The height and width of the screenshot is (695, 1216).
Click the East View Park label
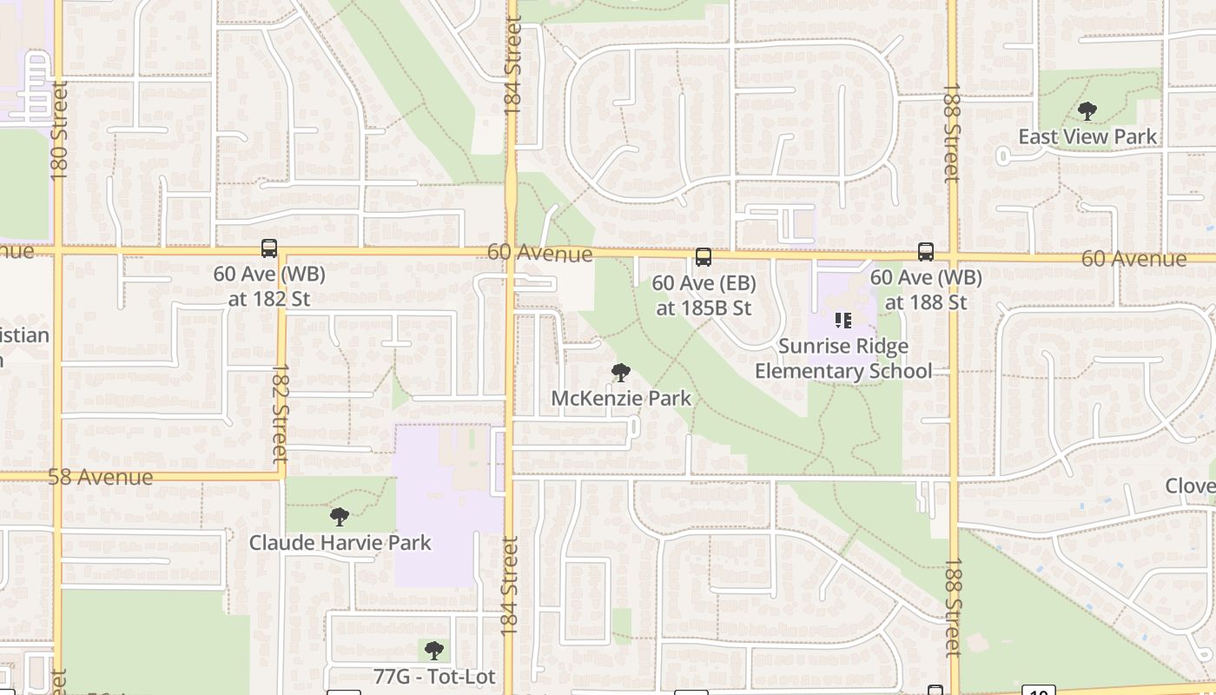coord(1087,136)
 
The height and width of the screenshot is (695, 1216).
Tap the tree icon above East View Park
coord(1087,111)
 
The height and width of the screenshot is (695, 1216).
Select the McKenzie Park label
coord(621,398)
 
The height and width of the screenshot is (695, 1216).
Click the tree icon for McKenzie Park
coord(620,373)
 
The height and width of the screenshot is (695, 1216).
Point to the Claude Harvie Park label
coord(340,542)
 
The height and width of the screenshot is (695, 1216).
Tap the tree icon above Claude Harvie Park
coord(340,517)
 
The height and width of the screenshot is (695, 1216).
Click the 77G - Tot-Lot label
coord(434,676)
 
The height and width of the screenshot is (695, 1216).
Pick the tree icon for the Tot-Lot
coord(434,651)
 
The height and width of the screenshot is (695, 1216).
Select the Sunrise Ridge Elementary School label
coord(843,359)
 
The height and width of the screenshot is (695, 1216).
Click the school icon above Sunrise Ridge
coord(843,321)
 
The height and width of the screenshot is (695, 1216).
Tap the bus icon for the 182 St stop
coord(269,248)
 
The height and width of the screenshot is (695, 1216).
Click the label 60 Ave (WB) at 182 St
coord(269,286)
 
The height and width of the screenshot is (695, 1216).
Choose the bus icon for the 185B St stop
coord(704,257)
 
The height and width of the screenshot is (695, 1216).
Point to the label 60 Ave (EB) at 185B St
coord(704,295)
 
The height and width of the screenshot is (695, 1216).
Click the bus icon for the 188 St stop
coord(926,252)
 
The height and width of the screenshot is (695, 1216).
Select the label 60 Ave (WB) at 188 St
coord(926,289)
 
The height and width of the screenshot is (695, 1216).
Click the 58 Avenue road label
coord(101,477)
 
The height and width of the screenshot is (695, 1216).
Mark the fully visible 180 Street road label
coord(59,130)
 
